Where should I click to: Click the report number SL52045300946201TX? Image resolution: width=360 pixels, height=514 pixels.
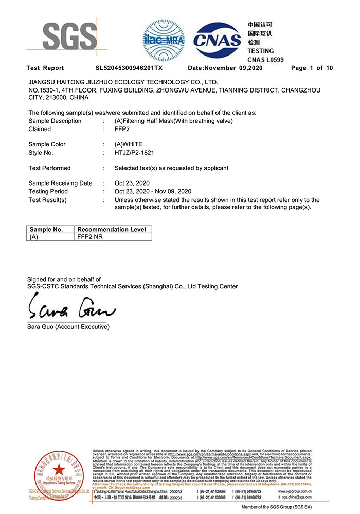(129, 68)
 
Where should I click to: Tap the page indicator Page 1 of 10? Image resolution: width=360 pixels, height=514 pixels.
(312, 68)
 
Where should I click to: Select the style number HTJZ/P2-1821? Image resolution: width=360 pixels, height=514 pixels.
(134, 153)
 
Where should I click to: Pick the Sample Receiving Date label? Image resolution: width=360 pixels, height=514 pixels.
(60, 183)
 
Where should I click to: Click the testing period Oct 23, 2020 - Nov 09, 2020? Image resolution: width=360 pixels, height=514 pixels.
(153, 191)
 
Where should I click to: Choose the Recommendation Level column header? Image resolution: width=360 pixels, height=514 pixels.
(112, 229)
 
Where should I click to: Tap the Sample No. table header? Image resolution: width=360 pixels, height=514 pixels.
(46, 229)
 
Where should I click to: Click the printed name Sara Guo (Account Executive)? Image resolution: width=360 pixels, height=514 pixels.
(68, 327)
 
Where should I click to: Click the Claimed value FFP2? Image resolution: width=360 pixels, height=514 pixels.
(122, 129)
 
